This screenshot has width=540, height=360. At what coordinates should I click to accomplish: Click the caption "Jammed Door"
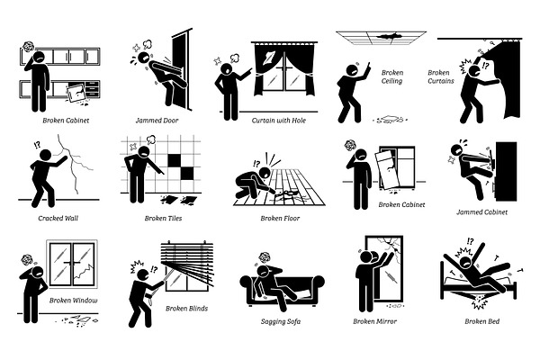pos(157,121)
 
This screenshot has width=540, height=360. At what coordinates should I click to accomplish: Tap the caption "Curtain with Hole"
pos(279,121)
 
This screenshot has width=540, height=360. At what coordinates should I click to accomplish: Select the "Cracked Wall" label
pos(58,218)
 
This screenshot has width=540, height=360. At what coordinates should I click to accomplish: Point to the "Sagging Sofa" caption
pos(281,321)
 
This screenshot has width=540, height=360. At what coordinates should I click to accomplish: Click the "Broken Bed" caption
pos(481,321)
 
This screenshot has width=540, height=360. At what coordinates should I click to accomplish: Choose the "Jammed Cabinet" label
pos(481,212)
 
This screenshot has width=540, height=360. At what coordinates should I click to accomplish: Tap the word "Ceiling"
pos(391,81)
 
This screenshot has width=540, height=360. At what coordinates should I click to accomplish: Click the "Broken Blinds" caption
pos(186,309)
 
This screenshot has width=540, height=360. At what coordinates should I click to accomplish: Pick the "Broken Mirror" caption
pos(374,321)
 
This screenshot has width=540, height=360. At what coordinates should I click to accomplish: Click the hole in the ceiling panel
pos(389,35)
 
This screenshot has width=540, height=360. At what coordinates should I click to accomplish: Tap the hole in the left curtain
pos(267,57)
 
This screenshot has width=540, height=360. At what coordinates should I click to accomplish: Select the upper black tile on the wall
pos(175,160)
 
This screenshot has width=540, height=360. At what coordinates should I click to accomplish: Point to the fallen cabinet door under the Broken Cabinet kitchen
pos(76,93)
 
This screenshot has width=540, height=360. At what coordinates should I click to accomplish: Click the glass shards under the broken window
pos(76,320)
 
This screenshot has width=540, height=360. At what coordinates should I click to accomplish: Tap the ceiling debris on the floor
pos(390,120)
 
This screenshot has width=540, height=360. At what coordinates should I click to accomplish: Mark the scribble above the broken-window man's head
pos(26,260)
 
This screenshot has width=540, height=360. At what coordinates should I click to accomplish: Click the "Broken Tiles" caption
pos(163,218)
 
